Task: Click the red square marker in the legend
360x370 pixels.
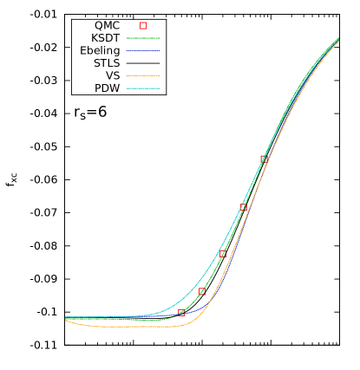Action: pos(143,25)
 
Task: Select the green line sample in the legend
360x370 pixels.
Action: pos(143,38)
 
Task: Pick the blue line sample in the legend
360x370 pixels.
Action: pos(143,50)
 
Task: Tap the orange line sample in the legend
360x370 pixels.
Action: pos(143,75)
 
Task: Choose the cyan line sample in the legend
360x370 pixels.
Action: pos(143,88)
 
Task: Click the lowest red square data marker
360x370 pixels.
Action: pos(181,312)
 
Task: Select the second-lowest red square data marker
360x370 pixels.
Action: pos(202,291)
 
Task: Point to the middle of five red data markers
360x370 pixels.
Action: pos(223,254)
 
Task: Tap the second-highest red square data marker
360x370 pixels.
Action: pos(244,207)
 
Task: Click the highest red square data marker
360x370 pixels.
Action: pos(265,159)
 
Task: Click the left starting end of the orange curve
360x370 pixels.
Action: pos(66,320)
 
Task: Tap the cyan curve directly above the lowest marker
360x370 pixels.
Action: pos(181,300)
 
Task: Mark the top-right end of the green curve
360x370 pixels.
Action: pos(338,39)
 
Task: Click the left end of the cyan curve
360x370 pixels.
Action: pos(67,317)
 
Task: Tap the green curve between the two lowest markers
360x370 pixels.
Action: pos(191,304)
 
